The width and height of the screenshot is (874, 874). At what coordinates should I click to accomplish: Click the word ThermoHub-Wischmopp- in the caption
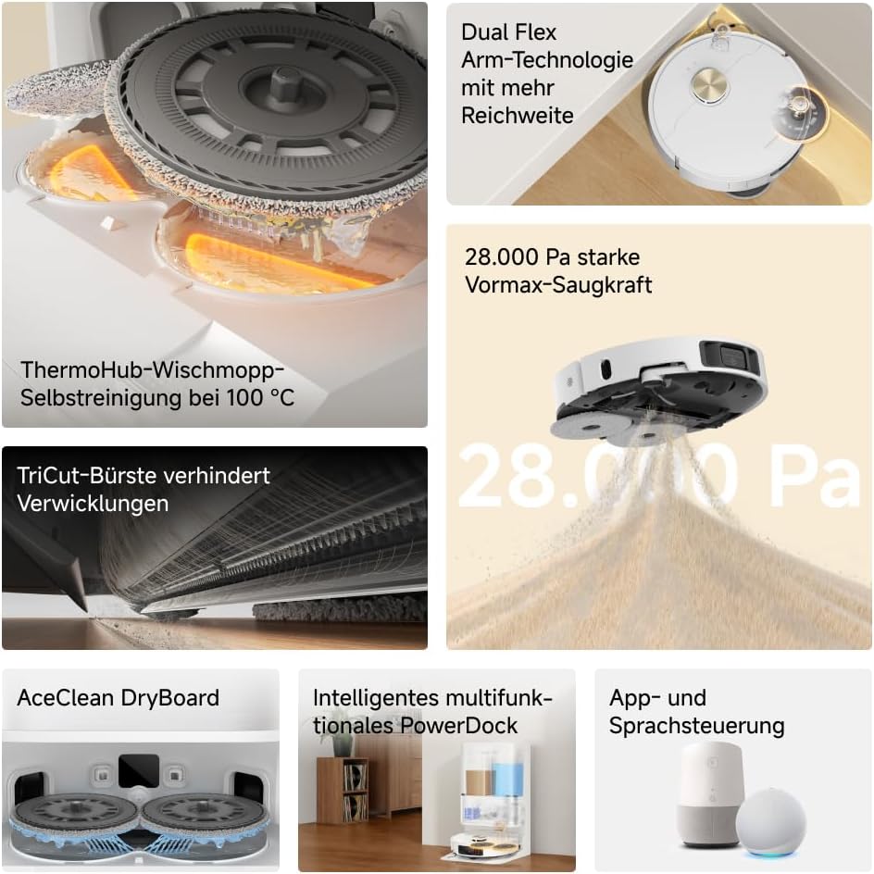[152, 369]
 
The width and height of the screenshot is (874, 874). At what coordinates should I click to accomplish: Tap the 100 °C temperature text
[260, 397]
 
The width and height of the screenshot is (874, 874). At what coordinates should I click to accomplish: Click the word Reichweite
[518, 116]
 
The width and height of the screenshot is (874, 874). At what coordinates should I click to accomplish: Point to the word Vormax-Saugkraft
[558, 285]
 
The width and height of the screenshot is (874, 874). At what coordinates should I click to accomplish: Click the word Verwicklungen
[93, 504]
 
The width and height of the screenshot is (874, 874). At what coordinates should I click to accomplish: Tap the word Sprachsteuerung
[697, 726]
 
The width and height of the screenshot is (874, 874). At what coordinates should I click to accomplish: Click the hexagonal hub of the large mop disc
[284, 83]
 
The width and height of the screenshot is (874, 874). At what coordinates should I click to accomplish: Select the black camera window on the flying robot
[730, 356]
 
